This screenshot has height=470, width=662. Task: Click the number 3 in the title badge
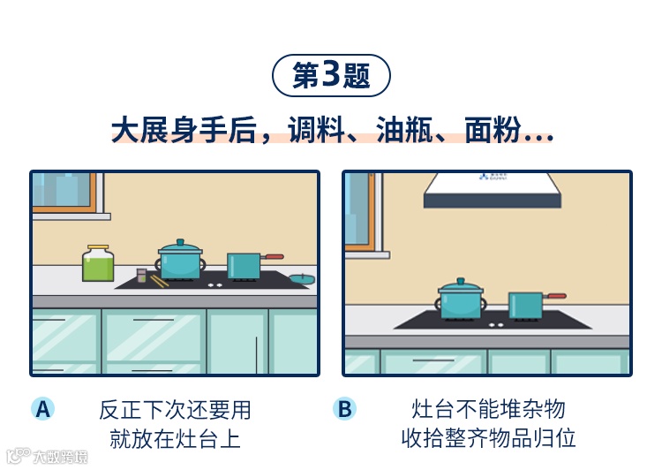[331, 75]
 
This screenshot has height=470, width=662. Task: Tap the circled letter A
[42, 408]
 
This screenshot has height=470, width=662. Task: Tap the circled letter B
[345, 408]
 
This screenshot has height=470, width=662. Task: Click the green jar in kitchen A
[98, 265]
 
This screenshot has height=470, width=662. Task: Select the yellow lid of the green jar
[98, 248]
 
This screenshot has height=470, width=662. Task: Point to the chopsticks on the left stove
[158, 280]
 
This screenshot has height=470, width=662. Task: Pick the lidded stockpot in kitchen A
[180, 260]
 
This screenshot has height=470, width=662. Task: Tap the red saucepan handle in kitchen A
[273, 256]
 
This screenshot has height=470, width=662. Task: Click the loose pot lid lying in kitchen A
[302, 278]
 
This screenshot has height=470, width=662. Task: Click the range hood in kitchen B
[492, 191]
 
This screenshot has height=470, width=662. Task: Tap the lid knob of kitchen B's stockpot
[463, 281]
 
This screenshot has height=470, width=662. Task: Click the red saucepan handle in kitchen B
[555, 297]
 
